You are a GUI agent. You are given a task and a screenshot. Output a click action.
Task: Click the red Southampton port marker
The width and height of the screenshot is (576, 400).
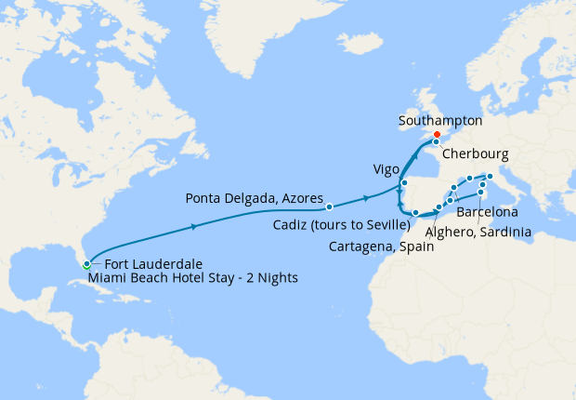click(x=437, y=134)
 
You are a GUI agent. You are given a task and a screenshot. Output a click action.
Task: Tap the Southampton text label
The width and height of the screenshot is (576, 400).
click(x=439, y=121)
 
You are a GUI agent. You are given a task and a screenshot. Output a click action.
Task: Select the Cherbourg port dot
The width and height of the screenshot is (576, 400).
click(x=436, y=142)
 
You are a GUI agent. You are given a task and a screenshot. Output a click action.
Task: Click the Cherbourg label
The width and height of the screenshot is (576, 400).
click(x=473, y=153)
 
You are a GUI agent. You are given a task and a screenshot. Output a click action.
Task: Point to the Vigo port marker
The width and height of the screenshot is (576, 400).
click(x=404, y=183)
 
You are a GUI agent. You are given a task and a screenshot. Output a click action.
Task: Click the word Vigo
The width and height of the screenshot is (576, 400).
click(x=386, y=170)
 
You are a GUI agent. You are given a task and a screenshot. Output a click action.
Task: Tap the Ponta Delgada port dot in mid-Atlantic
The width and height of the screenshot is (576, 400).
click(x=329, y=206)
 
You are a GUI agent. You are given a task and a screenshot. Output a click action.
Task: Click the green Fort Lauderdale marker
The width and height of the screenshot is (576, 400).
click(x=86, y=263)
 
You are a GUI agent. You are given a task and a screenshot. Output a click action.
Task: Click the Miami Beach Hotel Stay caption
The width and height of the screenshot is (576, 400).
click(x=192, y=277)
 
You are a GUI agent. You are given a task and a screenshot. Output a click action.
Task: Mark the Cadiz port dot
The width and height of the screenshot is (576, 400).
click(x=415, y=213)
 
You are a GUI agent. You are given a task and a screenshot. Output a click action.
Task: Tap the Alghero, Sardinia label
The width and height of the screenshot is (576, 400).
click(x=479, y=231)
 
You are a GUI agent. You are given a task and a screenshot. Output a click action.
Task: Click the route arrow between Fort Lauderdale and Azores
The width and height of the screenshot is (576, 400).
click(x=193, y=226)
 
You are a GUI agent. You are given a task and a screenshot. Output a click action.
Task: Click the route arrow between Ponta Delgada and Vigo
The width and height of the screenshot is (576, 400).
click(x=368, y=197)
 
